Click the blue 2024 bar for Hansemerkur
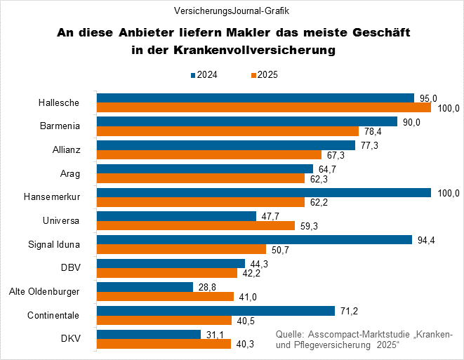tap(263, 193)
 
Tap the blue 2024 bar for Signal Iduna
tap(253, 240)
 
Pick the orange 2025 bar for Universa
tap(195, 226)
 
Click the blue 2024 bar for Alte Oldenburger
tap(145, 287)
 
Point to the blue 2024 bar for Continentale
tap(216, 311)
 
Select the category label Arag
tap(69, 174)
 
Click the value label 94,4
tap(425, 240)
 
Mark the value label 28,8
tap(206, 287)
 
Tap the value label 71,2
tap(348, 311)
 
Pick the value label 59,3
tap(309, 226)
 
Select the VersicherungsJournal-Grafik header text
tap(232, 11)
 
